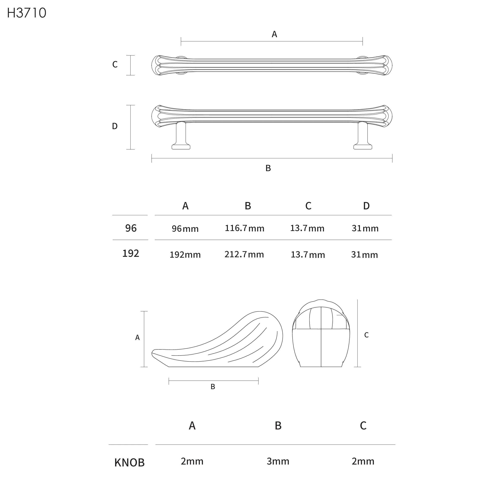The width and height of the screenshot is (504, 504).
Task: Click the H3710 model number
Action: click(27, 13)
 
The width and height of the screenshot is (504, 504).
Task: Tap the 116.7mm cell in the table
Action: click(245, 228)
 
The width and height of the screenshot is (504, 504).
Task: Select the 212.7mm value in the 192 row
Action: click(244, 254)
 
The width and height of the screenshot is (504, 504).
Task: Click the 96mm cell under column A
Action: click(185, 229)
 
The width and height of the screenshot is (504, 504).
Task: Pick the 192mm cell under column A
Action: click(185, 255)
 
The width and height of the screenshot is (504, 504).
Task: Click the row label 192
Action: click(131, 253)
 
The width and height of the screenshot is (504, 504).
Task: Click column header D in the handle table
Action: click(366, 206)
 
